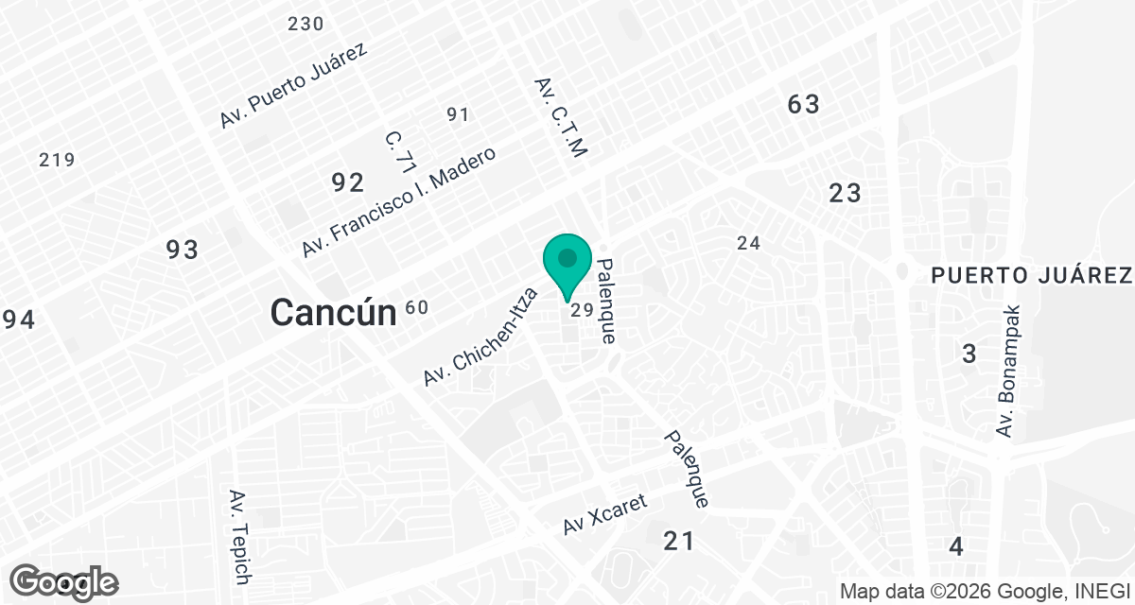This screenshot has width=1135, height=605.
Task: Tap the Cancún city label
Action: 332,312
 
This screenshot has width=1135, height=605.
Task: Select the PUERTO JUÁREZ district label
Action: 1032,275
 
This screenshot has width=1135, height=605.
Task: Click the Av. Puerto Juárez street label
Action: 293,86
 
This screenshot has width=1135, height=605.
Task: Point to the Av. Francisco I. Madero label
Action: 398,202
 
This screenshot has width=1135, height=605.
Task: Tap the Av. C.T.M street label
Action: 562,116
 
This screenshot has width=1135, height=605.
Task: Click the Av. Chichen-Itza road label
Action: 480,336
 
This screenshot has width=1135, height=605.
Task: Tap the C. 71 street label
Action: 401,151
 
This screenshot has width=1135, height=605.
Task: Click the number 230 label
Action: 306,24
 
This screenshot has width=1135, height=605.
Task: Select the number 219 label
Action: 57,160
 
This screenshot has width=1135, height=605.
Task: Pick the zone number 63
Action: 803,104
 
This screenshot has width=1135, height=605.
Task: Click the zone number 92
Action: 347,182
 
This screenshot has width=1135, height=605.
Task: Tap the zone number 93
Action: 183,250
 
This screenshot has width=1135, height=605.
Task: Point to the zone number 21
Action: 679,541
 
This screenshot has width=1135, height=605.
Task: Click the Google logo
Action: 65,581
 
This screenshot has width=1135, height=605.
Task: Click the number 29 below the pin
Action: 581,309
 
